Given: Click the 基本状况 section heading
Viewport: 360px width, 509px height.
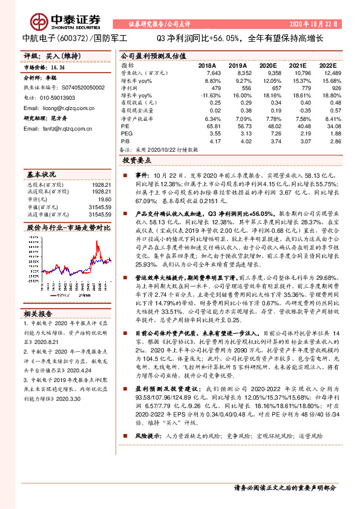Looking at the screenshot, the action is (x=42, y=173).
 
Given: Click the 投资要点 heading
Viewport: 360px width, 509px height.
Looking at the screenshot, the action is (x=137, y=161).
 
